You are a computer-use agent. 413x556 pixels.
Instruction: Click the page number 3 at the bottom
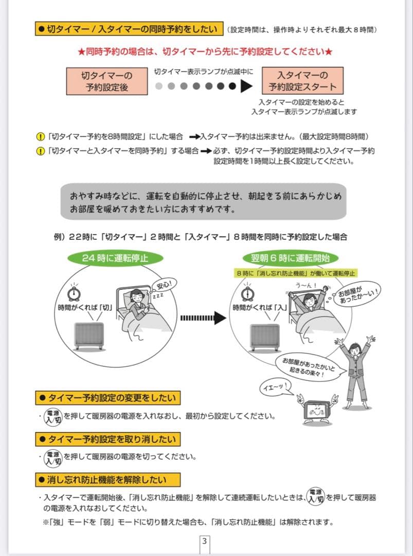click(x=205, y=541)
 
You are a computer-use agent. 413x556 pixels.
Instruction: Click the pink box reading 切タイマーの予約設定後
click(x=106, y=81)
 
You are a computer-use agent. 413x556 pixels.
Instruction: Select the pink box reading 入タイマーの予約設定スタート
click(x=302, y=81)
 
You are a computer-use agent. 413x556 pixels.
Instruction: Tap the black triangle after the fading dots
click(x=248, y=86)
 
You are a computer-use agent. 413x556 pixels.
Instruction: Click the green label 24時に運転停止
click(x=115, y=258)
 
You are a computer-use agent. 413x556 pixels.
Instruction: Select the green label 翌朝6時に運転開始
click(x=291, y=258)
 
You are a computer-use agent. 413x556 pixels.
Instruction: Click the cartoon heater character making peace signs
click(x=317, y=410)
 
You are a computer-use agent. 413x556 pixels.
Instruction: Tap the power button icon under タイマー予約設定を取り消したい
click(x=53, y=458)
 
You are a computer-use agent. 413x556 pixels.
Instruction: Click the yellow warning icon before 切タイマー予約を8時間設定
click(x=40, y=137)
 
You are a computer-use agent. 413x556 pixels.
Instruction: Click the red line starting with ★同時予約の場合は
click(x=206, y=52)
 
